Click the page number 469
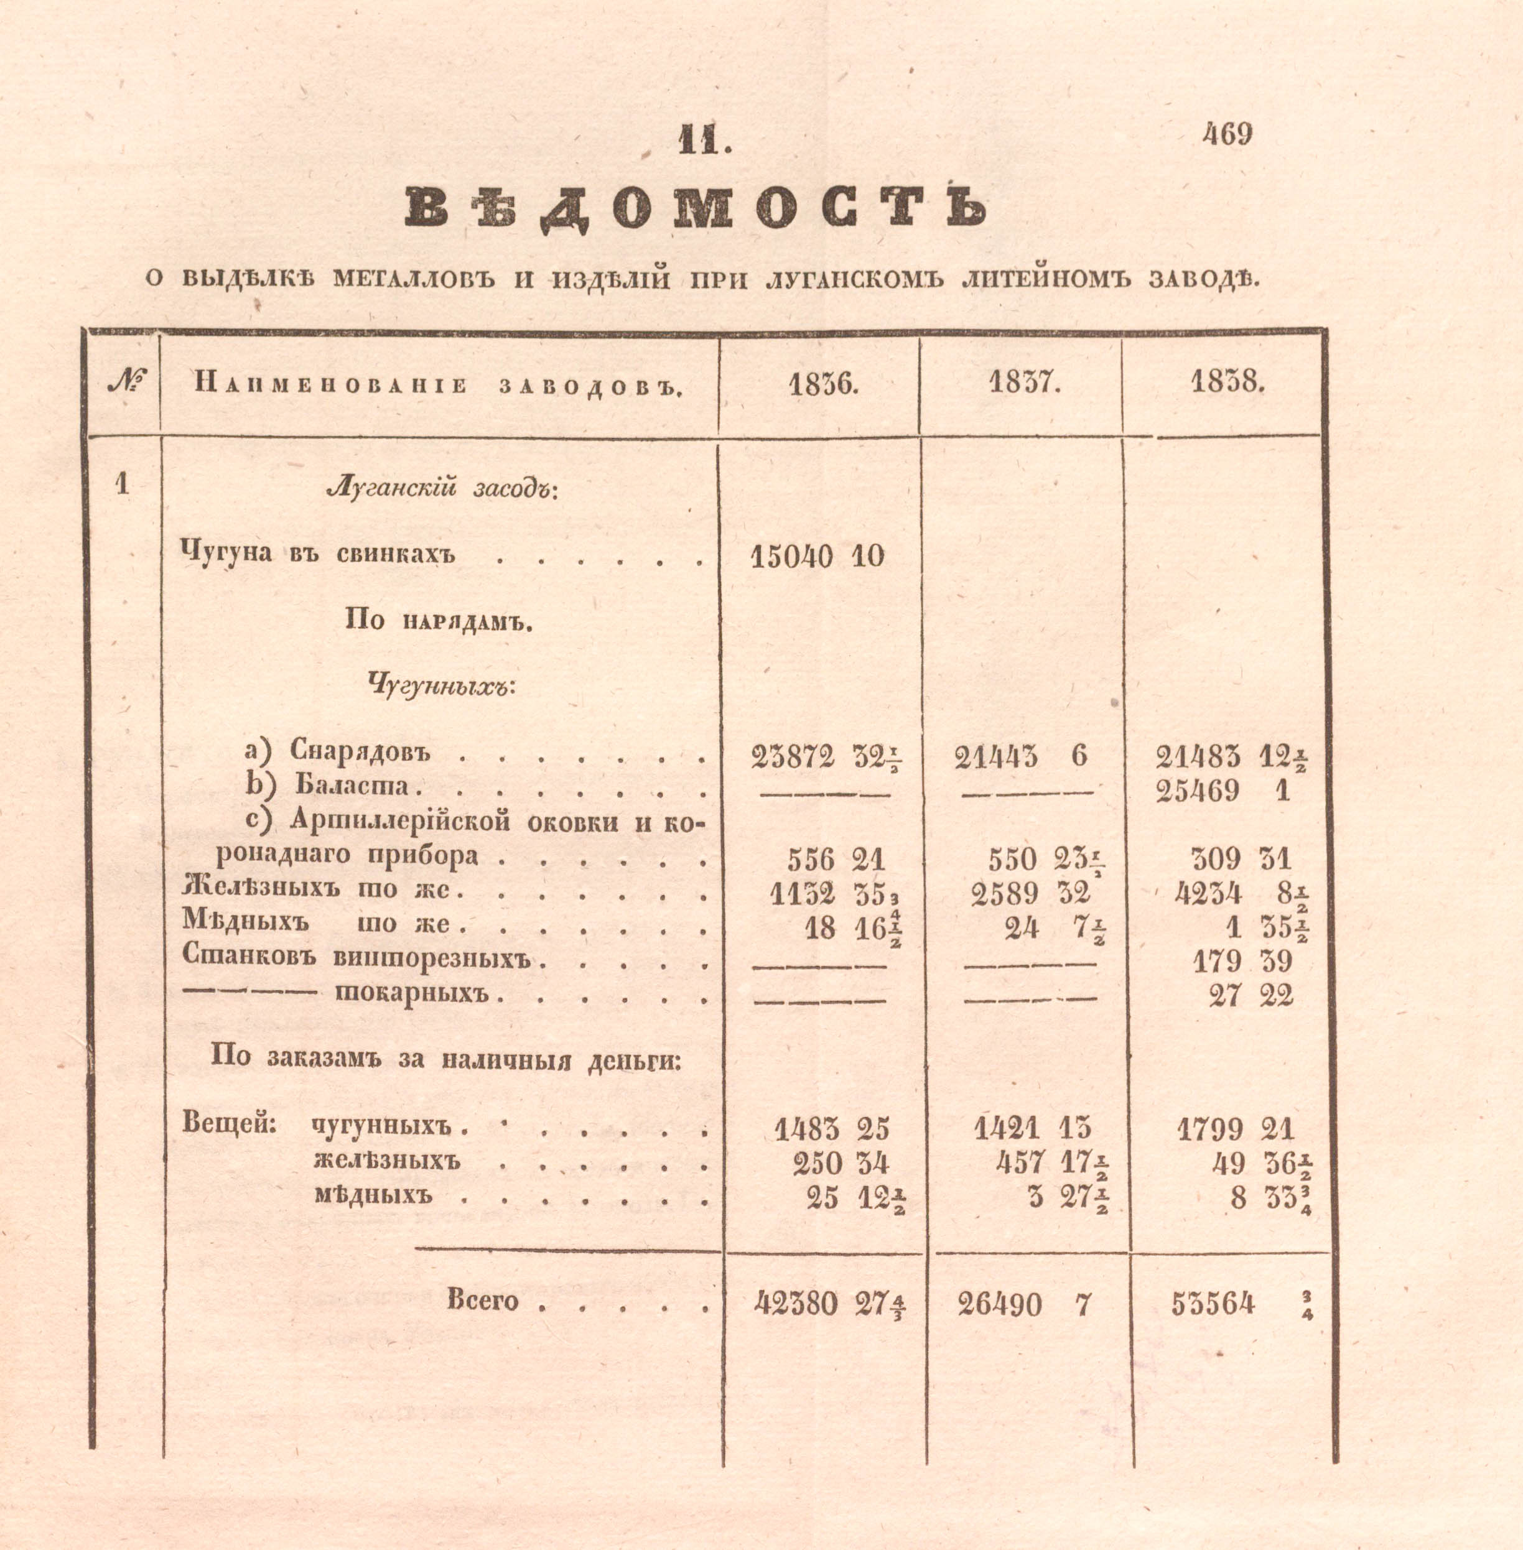click(1226, 134)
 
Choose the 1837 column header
click(1024, 384)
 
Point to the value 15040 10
click(817, 556)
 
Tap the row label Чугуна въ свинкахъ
click(319, 553)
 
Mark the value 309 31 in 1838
click(1241, 859)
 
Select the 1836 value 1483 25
click(831, 1128)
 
